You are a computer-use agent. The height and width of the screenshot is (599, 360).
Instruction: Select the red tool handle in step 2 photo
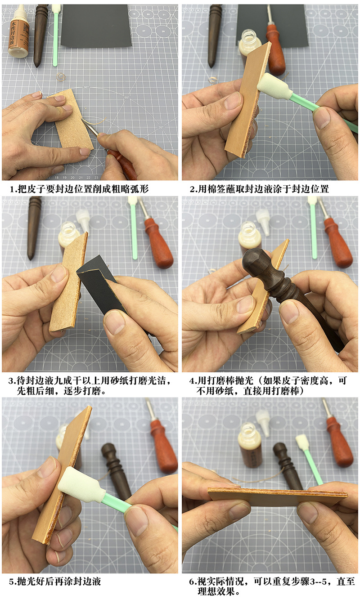(275, 49)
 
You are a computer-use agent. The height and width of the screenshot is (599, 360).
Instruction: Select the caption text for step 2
(259, 189)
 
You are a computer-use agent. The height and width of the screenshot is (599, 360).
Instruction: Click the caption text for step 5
(54, 581)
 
